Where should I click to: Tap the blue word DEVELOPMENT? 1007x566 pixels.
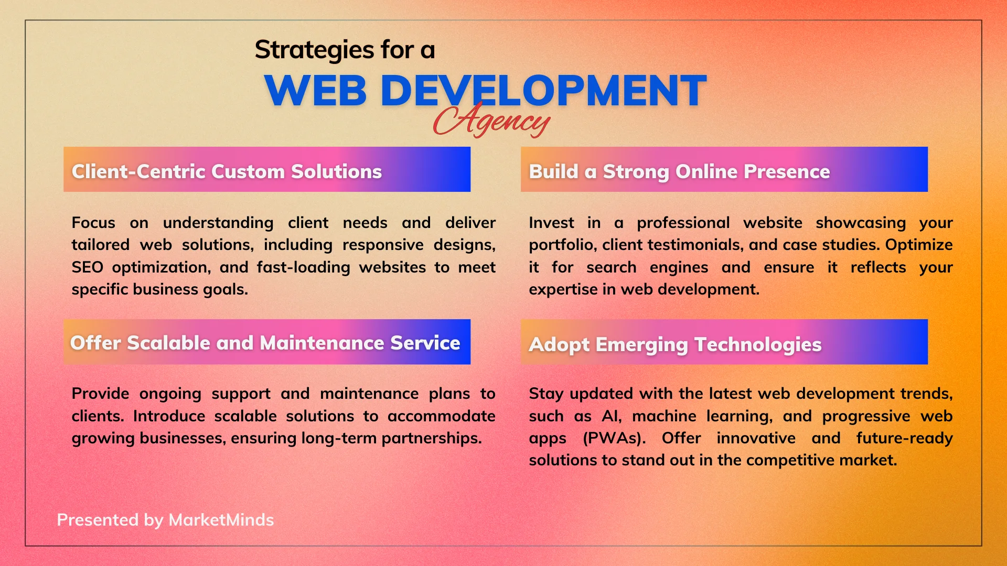543,91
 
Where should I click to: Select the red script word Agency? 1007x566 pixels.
491,119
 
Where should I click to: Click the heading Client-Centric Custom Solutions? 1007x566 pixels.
227,171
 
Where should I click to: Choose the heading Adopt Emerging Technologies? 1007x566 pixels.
675,345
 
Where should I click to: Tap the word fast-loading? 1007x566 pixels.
303,267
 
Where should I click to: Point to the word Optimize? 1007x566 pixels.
919,245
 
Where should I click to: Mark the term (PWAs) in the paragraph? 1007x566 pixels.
614,438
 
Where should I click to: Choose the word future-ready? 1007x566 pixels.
905,438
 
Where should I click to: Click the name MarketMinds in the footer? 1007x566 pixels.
221,520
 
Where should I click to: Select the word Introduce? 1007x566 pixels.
169,416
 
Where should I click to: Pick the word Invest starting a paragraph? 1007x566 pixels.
551,223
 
